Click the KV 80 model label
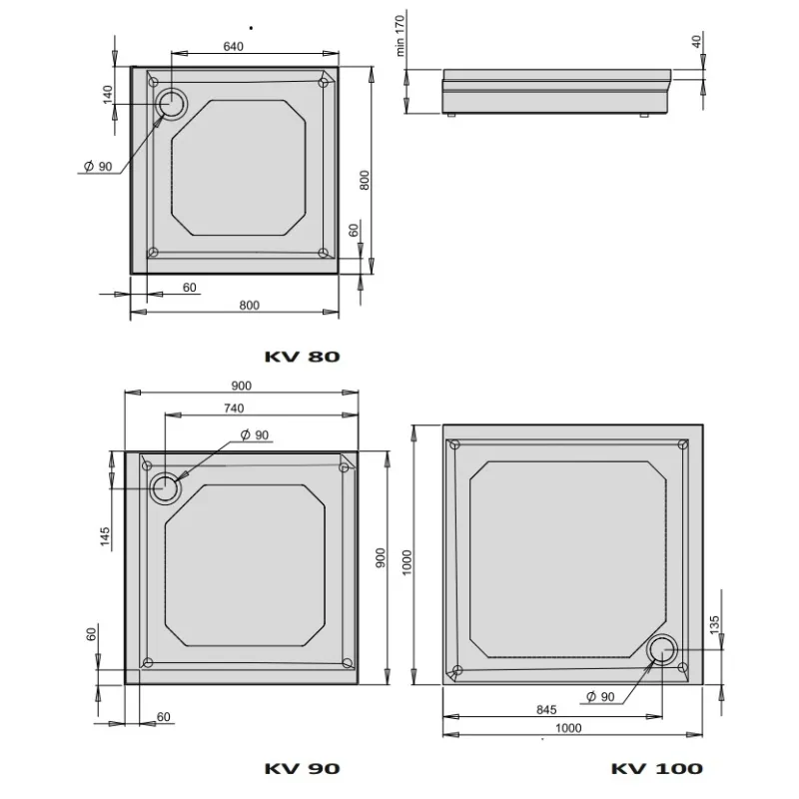[x=303, y=357]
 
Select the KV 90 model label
[x=303, y=768]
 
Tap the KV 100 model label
[x=657, y=768]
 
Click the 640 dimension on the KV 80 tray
[x=234, y=46]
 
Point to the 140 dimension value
[x=108, y=95]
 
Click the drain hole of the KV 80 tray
[x=172, y=104]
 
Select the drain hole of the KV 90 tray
[x=165, y=488]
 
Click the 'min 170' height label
[x=399, y=35]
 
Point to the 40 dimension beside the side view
[x=696, y=41]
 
